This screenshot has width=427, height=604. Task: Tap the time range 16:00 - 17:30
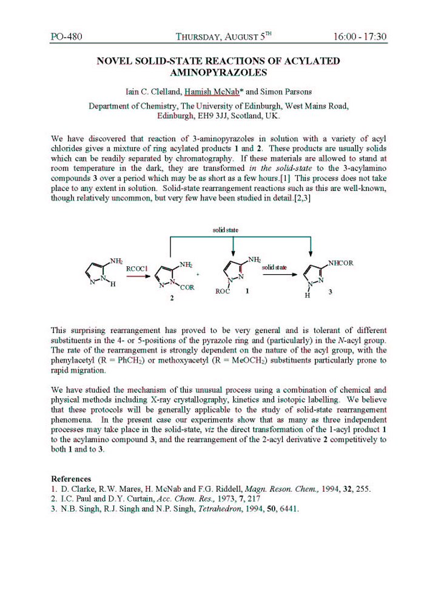(x=360, y=36)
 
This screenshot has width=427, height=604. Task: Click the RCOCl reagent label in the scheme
(x=138, y=267)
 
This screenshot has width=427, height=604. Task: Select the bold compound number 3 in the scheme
(x=330, y=293)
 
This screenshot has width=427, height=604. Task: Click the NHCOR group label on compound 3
(x=342, y=263)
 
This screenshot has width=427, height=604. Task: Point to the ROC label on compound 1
(x=223, y=292)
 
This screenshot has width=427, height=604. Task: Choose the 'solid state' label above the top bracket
(x=225, y=230)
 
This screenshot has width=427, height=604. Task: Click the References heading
(x=71, y=478)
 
